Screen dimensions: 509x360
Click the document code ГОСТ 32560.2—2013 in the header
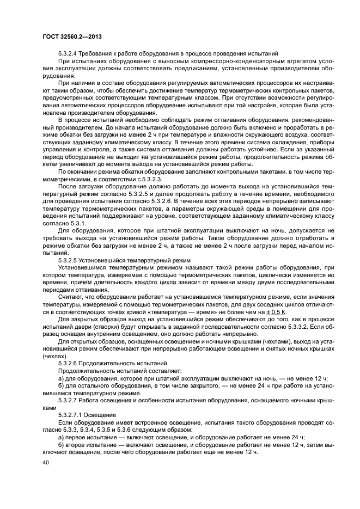pyautogui.click(x=72, y=36)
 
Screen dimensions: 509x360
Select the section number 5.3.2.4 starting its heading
pyautogui.click(x=70, y=53)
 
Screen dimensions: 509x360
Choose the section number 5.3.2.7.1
pyautogui.click(x=72, y=414)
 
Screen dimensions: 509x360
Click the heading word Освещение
pyautogui.click(x=103, y=414)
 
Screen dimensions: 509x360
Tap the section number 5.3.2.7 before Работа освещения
pyautogui.click(x=70, y=400)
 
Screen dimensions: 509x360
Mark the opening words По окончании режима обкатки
pyautogui.click(x=100, y=171)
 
